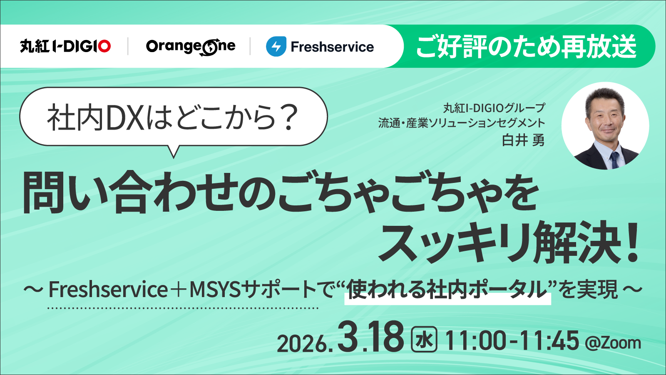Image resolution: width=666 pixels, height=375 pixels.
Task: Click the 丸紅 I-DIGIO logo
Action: coord(65,46)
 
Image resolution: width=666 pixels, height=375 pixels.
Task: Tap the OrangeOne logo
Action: coord(191,47)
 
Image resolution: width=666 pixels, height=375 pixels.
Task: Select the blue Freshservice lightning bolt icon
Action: coord(276,47)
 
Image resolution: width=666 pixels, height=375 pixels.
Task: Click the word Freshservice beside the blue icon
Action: coord(332,47)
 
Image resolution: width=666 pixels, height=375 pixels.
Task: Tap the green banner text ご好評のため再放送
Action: coord(526,46)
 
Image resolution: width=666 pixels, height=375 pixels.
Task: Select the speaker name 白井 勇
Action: coord(523,140)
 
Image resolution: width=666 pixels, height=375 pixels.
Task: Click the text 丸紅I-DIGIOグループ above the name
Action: coord(494,108)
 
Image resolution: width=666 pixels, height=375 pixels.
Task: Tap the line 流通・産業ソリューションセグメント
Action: coord(461,123)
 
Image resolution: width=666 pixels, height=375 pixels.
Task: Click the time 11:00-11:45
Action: coord(512,340)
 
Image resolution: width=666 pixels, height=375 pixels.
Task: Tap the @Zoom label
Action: coord(613,343)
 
